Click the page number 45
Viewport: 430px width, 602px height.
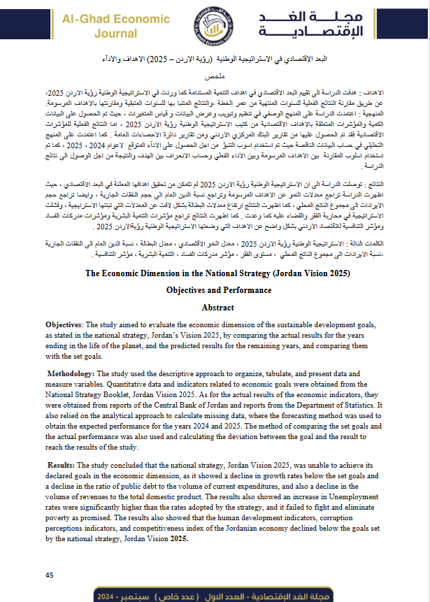[x=50, y=575]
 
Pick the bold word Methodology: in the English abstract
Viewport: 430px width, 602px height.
[x=73, y=374]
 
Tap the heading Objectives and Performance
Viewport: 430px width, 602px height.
[x=217, y=289]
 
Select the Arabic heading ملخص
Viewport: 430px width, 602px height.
[x=217, y=73]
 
